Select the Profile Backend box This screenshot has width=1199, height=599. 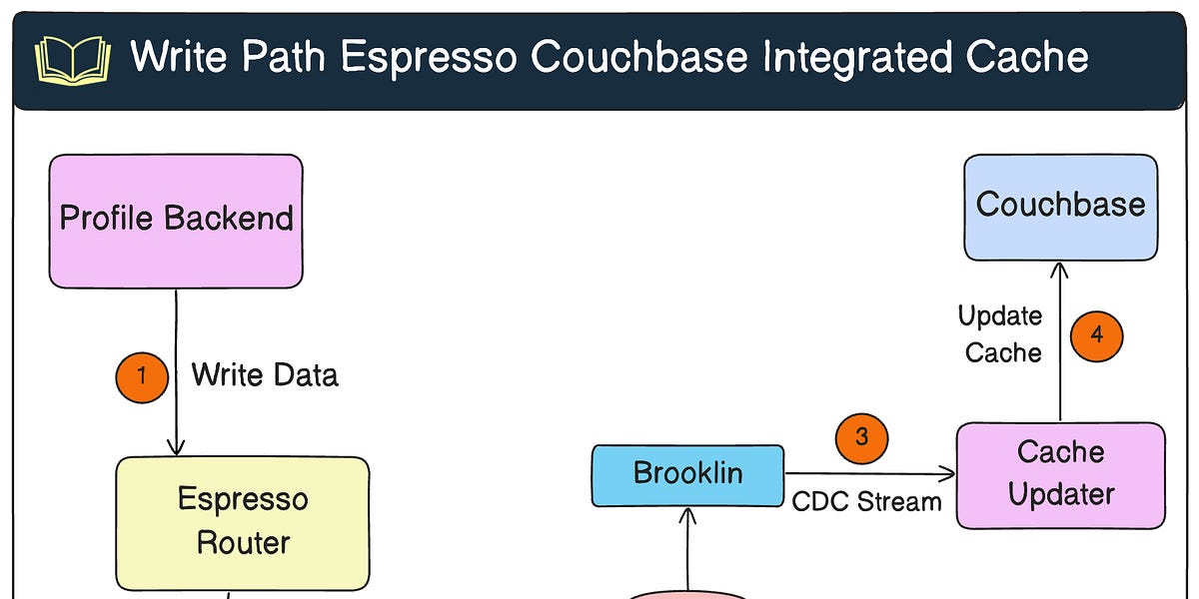point(176,220)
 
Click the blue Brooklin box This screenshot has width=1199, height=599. point(687,474)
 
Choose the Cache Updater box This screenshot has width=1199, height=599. point(1060,474)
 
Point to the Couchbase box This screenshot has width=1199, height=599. point(1060,206)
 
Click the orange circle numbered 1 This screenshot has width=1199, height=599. point(142,376)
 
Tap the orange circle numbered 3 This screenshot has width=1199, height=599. point(861,438)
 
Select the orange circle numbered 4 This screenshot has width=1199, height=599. point(1096,335)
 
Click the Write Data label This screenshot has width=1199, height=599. point(265,375)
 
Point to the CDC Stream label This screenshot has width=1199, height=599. point(866,501)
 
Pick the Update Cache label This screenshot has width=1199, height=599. point(1001,334)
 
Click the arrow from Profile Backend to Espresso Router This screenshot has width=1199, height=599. point(177,399)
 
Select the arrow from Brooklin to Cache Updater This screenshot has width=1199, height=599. point(869,474)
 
